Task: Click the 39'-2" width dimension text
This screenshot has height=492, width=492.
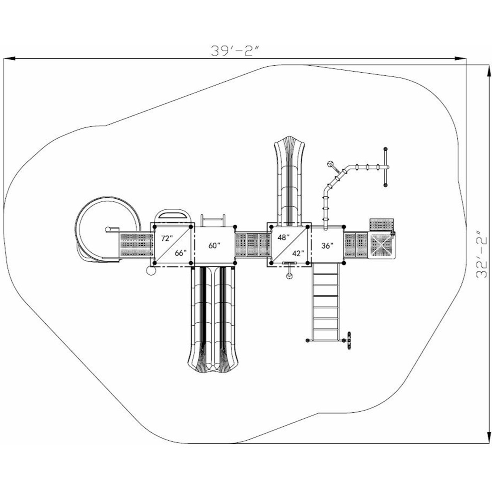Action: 234,51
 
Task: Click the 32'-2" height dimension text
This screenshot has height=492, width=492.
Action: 481,255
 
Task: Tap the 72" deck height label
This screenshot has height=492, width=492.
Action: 165,238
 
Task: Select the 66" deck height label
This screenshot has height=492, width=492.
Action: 180,253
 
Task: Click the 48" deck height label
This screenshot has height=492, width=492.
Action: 283,238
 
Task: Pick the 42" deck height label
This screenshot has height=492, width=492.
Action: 298,253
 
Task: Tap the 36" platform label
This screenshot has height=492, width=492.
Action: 327,246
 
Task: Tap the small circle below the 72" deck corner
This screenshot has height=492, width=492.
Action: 150,271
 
